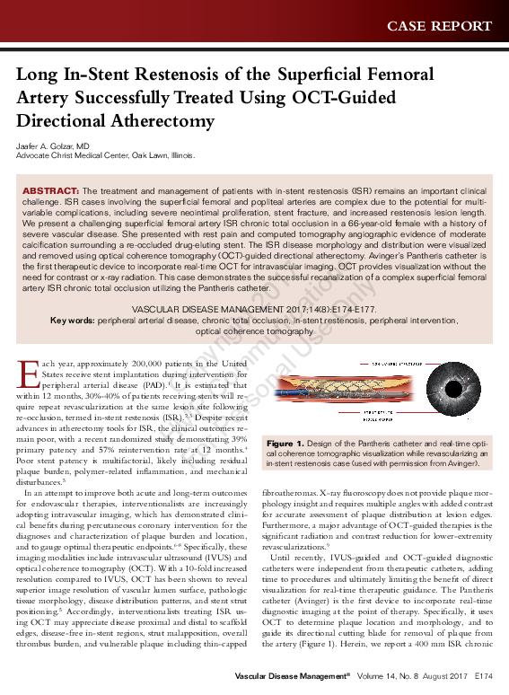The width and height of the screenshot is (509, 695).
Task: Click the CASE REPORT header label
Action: pyautogui.click(x=439, y=25)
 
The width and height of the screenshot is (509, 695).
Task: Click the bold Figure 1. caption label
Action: pyautogui.click(x=285, y=444)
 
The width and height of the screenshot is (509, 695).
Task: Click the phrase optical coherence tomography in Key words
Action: pyautogui.click(x=254, y=331)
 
